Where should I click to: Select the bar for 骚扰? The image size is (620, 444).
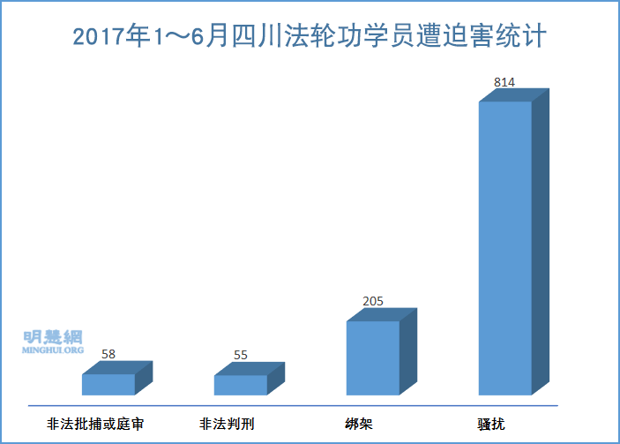[505, 247]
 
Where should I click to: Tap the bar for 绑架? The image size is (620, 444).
[373, 357]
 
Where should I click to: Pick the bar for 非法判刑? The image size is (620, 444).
[241, 385]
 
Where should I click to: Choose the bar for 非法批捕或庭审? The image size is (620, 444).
[108, 384]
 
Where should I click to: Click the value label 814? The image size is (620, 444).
[504, 82]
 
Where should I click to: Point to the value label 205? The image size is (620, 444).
[373, 301]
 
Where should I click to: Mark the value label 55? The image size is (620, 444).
[241, 356]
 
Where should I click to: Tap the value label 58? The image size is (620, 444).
[108, 355]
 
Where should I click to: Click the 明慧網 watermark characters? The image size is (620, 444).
[53, 336]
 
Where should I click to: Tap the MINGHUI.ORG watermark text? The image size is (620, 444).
[53, 350]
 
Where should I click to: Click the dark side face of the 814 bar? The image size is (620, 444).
[541, 238]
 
